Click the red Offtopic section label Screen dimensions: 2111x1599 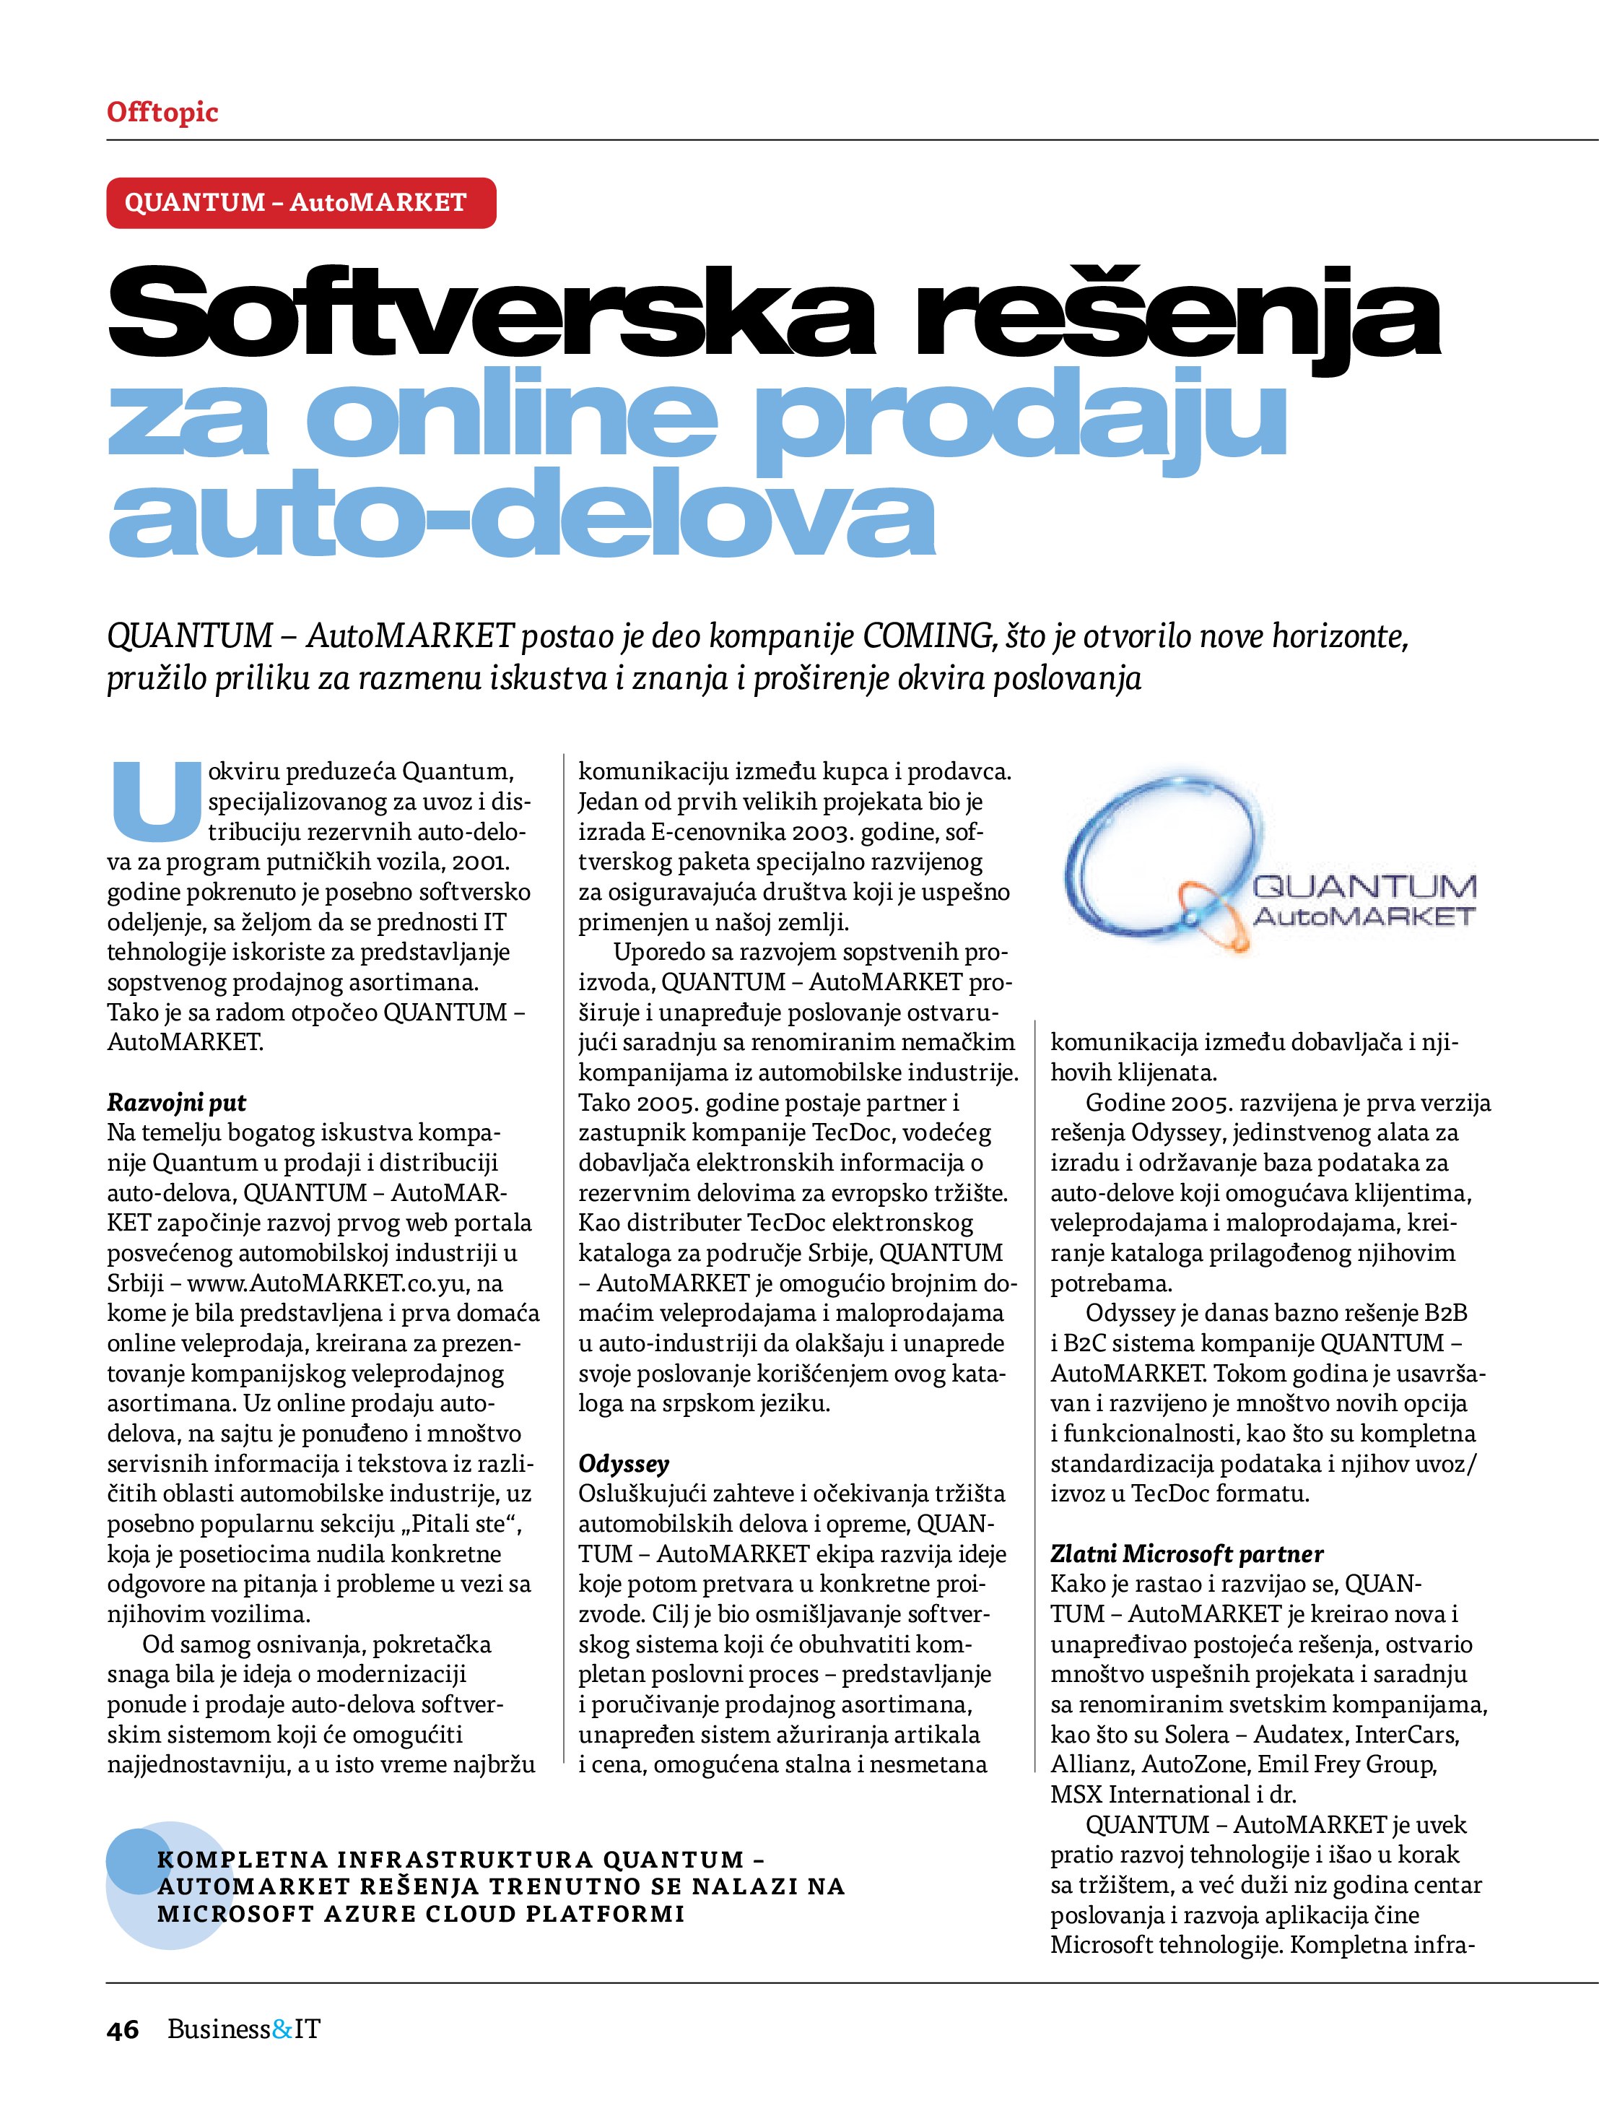coord(162,112)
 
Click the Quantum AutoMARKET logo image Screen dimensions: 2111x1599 coord(1269,867)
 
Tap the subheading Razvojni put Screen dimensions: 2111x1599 coord(176,1104)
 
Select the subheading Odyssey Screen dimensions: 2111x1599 coord(624,1464)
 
